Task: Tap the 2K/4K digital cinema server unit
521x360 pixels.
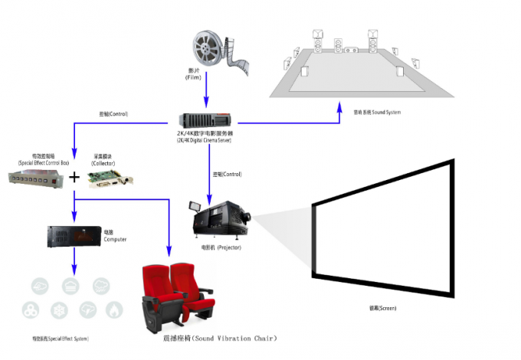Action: [205, 119]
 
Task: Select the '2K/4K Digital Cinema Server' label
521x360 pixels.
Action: [205, 140]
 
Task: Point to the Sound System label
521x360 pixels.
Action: [377, 112]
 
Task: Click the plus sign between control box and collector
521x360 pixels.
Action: [74, 177]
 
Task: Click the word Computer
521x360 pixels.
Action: [115, 239]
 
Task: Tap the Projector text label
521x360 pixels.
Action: [221, 248]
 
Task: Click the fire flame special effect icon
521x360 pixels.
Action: [115, 310]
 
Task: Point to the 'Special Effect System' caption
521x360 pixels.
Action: [60, 338]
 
